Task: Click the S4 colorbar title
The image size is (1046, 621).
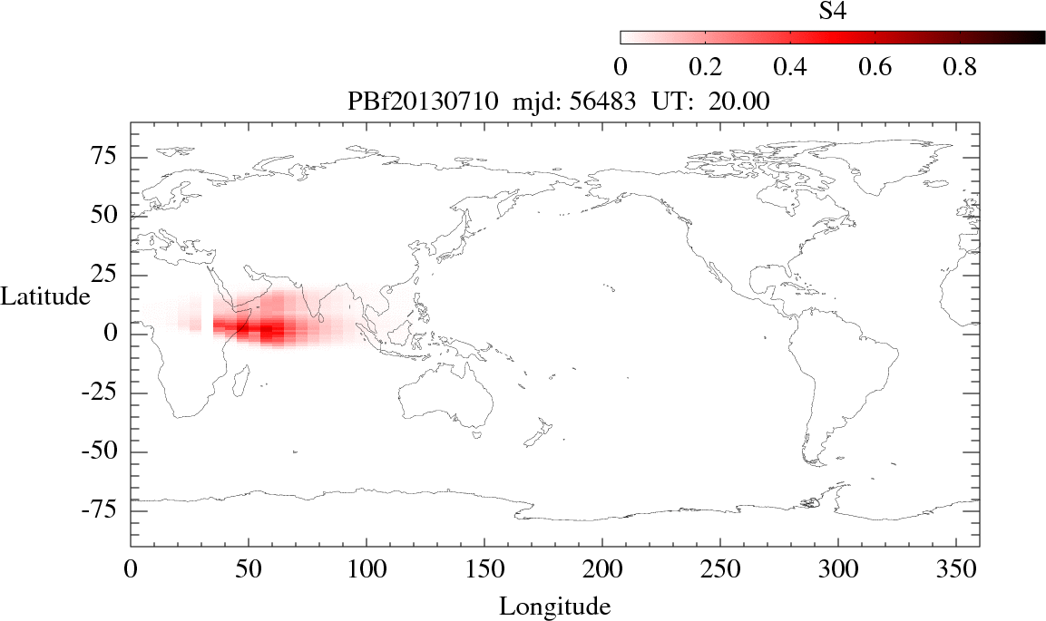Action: [x=833, y=10]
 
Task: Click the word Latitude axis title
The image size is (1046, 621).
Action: [x=45, y=296]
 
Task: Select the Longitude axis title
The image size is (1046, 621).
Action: [x=555, y=606]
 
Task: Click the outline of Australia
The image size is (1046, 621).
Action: [x=445, y=399]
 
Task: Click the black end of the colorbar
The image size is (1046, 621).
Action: [x=1034, y=37]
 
